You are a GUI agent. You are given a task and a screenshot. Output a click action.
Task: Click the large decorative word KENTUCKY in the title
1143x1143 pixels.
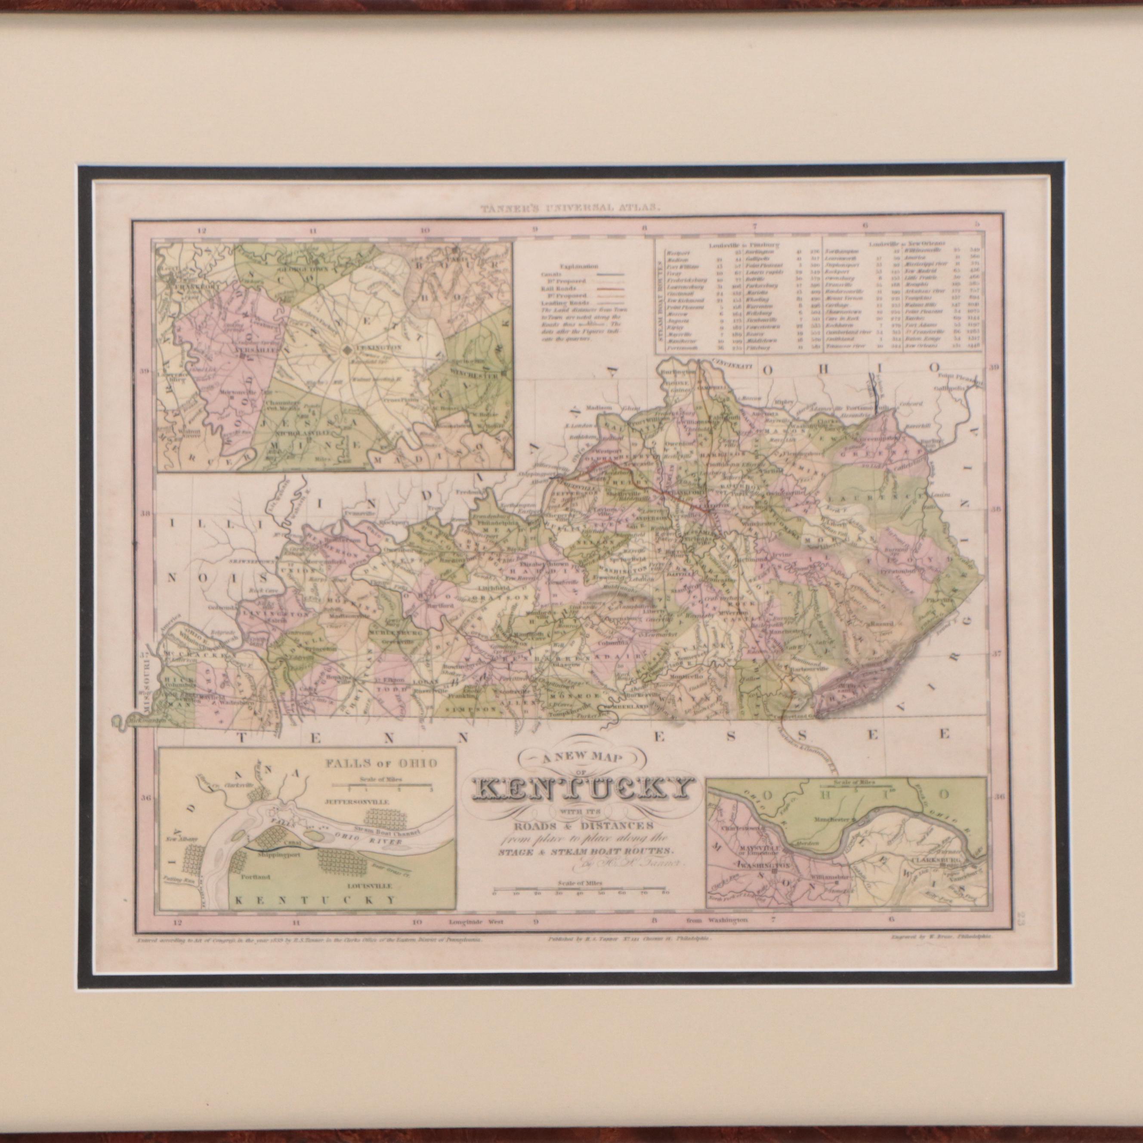point(582,790)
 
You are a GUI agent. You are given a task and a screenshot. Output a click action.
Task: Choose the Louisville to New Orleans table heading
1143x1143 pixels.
point(905,244)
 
